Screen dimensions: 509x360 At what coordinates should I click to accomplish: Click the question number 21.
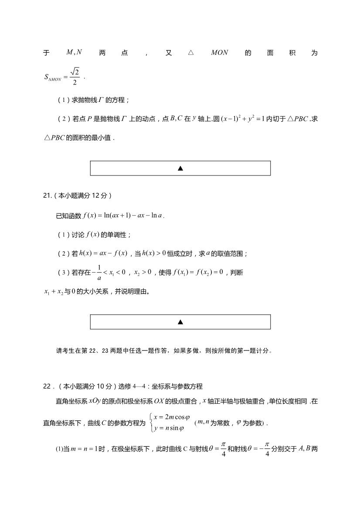coord(47,196)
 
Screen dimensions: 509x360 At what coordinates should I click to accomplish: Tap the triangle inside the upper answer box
coord(180,168)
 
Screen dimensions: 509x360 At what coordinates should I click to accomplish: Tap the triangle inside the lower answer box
coord(180,322)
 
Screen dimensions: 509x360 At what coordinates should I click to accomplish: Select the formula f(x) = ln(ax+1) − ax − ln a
coord(123,216)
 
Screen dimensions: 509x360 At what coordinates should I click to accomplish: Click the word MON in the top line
coord(219,53)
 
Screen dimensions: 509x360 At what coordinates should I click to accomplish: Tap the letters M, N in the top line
coord(74,53)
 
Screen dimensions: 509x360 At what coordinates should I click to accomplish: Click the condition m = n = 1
coord(87,448)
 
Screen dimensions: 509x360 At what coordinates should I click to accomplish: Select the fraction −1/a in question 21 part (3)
coord(98,273)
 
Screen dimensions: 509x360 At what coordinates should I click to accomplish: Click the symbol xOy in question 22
coord(95,401)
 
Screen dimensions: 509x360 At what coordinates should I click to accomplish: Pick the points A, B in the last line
coord(304,447)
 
